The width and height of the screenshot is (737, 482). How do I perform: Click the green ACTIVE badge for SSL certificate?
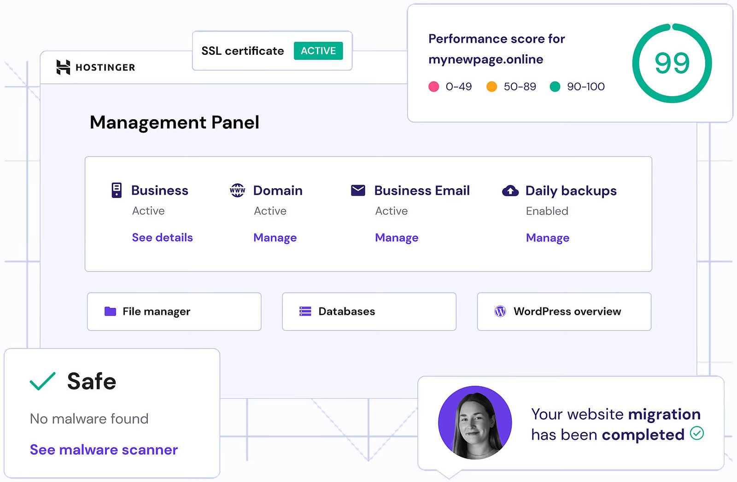pyautogui.click(x=318, y=51)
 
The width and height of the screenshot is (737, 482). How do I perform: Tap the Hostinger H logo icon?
pyautogui.click(x=63, y=67)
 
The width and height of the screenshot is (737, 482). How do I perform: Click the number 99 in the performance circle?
pyautogui.click(x=672, y=63)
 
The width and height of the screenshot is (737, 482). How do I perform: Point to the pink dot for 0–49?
pyautogui.click(x=433, y=87)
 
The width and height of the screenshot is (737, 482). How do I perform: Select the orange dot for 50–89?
pyautogui.click(x=491, y=87)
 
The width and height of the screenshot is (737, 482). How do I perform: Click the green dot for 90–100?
pyautogui.click(x=555, y=87)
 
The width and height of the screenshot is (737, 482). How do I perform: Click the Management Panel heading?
pyautogui.click(x=175, y=122)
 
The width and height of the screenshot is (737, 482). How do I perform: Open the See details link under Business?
pyautogui.click(x=162, y=238)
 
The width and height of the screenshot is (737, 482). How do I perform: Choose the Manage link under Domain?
pyautogui.click(x=275, y=238)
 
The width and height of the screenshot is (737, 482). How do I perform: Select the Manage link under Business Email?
pyautogui.click(x=397, y=238)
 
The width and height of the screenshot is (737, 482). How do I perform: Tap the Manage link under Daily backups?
pyautogui.click(x=548, y=238)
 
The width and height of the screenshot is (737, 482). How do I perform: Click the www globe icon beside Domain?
pyautogui.click(x=237, y=190)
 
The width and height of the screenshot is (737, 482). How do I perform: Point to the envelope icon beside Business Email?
pyautogui.click(x=358, y=190)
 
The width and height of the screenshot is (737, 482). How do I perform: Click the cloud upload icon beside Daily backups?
pyautogui.click(x=510, y=191)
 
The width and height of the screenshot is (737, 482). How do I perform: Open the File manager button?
pyautogui.click(x=174, y=312)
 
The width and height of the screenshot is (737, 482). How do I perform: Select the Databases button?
pyautogui.click(x=369, y=312)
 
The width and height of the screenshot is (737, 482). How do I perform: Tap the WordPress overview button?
pyautogui.click(x=564, y=312)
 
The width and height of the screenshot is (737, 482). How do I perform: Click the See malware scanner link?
pyautogui.click(x=104, y=450)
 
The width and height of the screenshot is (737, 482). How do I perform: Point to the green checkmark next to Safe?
pyautogui.click(x=42, y=381)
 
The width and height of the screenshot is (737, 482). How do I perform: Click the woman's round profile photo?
pyautogui.click(x=475, y=423)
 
